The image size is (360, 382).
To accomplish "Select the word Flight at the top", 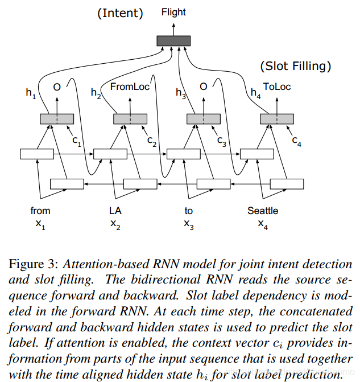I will [173, 11].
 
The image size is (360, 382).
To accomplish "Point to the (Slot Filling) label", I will [295, 66].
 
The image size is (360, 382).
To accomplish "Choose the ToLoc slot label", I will [276, 87].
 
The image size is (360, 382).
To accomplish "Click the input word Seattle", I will [262, 211].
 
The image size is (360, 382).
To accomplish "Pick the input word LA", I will [115, 211].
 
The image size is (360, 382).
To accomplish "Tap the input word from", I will [40, 211].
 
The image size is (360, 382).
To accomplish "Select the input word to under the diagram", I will [189, 211].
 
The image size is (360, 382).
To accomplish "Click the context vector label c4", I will [297, 141].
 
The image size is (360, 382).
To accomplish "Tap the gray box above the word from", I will [57, 118].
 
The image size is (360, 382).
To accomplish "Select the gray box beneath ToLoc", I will [277, 118].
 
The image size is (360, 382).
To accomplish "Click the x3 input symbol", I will [189, 224].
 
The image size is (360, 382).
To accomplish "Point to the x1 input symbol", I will [40, 224].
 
